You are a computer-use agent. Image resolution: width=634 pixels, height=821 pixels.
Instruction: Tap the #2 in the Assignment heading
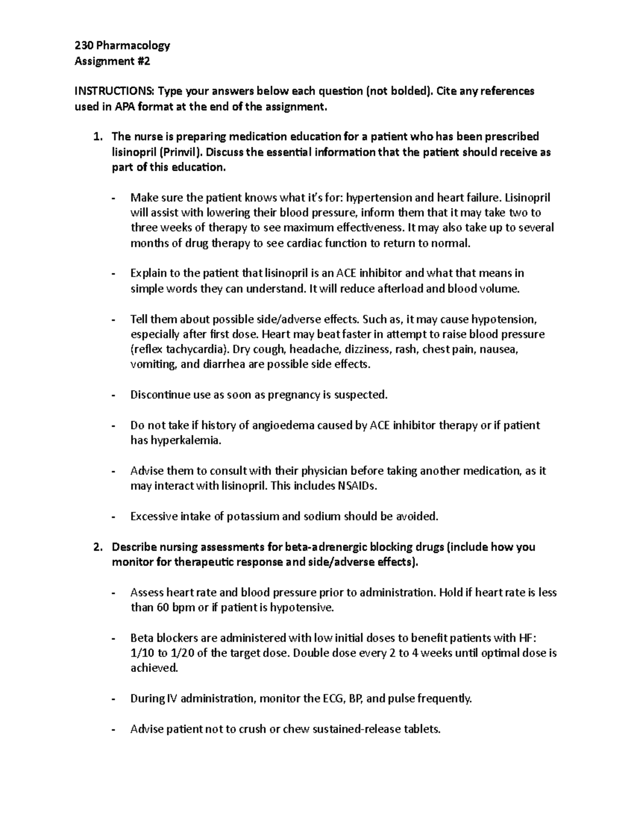click(143, 61)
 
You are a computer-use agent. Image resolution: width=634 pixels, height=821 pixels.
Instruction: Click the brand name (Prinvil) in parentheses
click(181, 152)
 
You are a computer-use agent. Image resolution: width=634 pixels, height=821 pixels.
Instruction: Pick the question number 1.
click(96, 137)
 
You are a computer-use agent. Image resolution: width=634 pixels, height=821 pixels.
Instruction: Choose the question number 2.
click(96, 547)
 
